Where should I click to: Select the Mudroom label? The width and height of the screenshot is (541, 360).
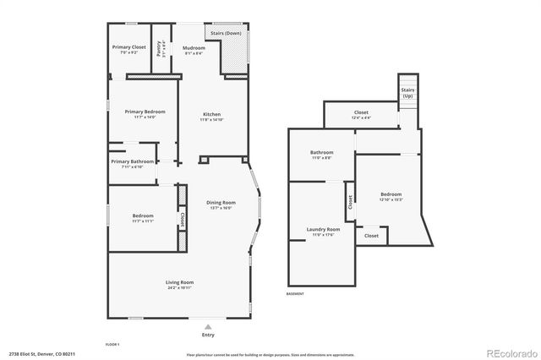[194, 48]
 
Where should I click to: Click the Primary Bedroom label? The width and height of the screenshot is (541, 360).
[145, 112]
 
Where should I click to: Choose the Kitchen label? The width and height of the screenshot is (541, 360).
[211, 114]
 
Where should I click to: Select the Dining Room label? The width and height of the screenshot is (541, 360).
[221, 203]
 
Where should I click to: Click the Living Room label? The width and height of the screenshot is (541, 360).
[179, 282]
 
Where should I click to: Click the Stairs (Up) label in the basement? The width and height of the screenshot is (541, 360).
[407, 91]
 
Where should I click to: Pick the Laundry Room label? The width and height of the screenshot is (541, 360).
[323, 229]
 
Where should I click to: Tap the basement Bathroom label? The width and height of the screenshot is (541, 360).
[321, 153]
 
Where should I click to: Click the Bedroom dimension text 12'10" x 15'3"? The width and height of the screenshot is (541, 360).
[391, 200]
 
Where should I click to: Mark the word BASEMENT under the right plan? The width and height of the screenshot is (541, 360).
[296, 293]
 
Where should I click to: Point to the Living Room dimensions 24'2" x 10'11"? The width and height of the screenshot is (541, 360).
[179, 287]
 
